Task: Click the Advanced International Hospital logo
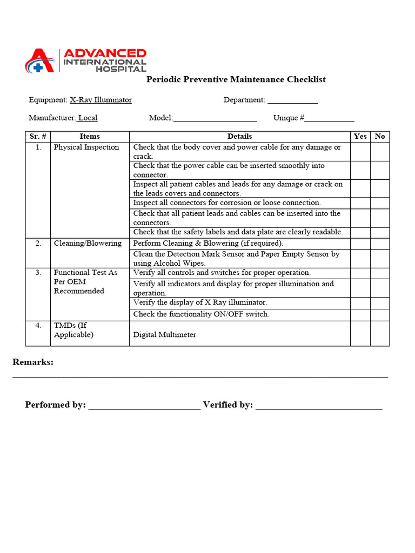(x=85, y=60)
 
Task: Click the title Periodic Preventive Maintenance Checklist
(x=236, y=79)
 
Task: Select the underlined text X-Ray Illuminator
(x=101, y=100)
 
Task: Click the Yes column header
(x=360, y=137)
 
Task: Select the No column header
(x=380, y=137)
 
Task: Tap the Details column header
(x=239, y=137)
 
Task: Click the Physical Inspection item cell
(x=86, y=147)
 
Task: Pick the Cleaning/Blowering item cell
(x=88, y=243)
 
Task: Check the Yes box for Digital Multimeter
(x=360, y=333)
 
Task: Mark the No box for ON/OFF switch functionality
(x=380, y=314)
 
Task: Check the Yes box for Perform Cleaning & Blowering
(x=360, y=244)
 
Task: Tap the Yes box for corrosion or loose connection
(x=360, y=203)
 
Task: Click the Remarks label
(x=33, y=362)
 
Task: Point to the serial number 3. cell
(x=38, y=273)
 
